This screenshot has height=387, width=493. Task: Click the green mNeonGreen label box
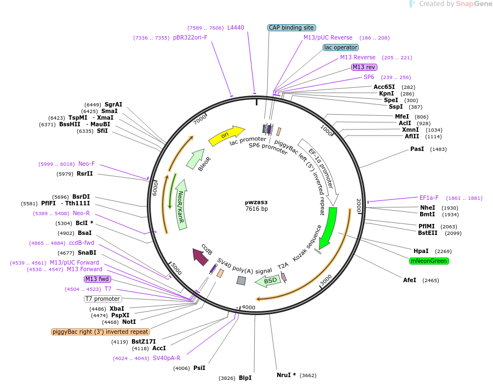429,261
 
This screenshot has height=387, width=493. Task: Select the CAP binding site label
291,27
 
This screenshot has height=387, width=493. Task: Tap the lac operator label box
341,48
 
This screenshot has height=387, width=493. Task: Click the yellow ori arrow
226,135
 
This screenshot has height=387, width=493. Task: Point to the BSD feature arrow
268,280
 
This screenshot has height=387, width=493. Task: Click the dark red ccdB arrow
200,256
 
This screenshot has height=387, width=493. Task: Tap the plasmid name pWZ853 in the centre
256,202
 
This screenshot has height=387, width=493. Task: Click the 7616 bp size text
256,209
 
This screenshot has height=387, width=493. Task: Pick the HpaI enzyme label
421,251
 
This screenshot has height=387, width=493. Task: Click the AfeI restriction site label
410,280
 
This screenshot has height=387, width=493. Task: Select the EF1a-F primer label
429,198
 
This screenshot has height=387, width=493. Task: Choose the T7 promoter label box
102,299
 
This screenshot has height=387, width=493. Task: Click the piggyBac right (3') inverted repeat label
100,332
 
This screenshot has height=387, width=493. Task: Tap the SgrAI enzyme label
113,104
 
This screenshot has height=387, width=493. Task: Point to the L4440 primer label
236,27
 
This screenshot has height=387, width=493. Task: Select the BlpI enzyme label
245,378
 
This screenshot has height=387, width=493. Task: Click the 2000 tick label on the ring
359,205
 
